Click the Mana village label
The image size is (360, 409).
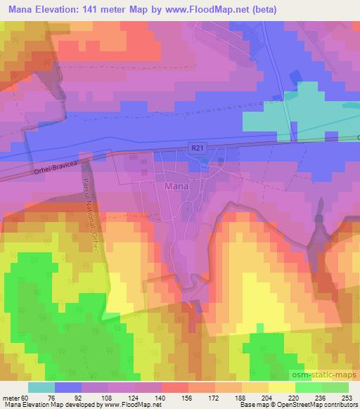coord(175,187)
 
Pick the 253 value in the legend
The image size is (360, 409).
coord(347,397)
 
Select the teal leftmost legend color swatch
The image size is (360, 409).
coord(41,387)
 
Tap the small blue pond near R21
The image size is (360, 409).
coord(202,164)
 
